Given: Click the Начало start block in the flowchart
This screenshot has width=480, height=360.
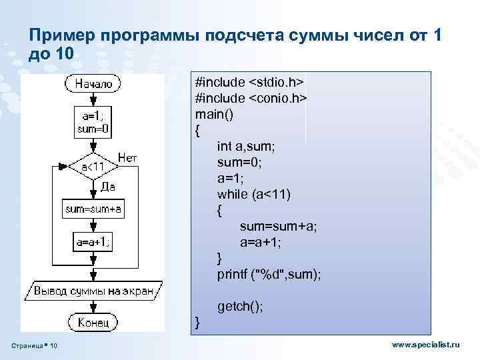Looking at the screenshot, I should (x=93, y=84).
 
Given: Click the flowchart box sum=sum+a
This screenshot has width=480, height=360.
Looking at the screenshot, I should (x=93, y=209).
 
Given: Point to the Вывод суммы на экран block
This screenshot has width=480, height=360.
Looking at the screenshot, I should (x=93, y=291).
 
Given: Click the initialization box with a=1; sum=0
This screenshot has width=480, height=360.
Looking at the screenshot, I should (x=93, y=123).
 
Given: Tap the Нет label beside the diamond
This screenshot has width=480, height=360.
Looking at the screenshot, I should (x=127, y=158).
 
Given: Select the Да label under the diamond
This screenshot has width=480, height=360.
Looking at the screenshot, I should (x=108, y=187).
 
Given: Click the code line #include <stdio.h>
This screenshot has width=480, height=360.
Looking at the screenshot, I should (x=249, y=82).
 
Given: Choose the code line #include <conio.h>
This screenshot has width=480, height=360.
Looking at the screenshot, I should (x=251, y=98).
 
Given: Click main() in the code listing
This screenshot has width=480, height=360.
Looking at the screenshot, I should (x=214, y=114).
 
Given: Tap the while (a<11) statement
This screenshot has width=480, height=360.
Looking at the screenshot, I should (x=254, y=194).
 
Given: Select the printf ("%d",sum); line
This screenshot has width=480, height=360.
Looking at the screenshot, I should (x=269, y=274).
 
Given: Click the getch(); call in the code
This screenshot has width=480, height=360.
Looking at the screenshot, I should (x=240, y=306).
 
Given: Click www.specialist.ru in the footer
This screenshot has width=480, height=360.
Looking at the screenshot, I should (x=426, y=345).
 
